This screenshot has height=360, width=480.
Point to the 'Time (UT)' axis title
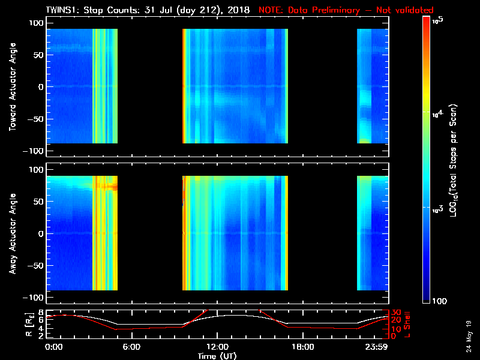217,356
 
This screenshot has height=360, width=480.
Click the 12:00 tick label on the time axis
217,346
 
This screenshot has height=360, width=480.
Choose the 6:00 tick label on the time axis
131,346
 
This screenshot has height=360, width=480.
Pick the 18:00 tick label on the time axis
302,346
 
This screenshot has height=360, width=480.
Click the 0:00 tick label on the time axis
53,346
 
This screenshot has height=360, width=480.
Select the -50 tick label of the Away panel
35,266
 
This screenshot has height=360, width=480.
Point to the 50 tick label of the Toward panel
37,55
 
